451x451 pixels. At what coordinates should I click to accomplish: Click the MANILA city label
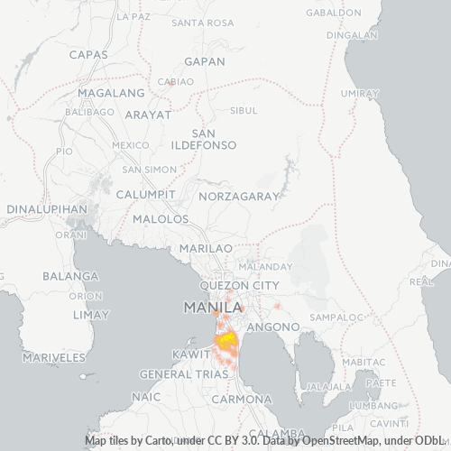212,307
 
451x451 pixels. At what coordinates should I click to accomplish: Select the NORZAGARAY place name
240,195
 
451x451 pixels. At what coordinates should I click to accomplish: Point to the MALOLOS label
161,219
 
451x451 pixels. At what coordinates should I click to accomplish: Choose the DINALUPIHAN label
46,208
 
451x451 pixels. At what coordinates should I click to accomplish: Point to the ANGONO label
267,325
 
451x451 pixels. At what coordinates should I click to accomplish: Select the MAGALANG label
111,93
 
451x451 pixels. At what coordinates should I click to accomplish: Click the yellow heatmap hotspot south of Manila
225,340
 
